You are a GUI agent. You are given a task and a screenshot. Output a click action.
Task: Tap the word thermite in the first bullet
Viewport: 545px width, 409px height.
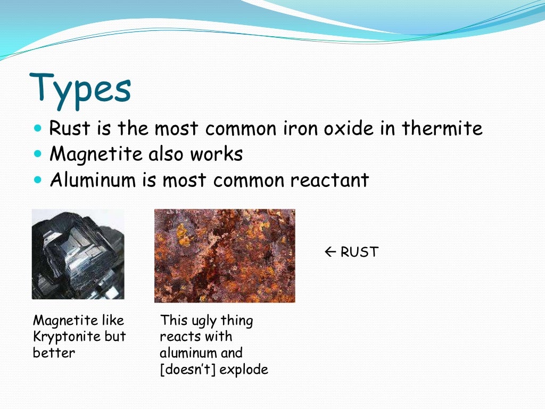[x=442, y=128]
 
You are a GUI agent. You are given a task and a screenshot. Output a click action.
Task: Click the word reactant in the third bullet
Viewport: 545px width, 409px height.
[x=329, y=180]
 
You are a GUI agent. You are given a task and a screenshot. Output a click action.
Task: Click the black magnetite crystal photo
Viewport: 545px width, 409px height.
[x=78, y=254]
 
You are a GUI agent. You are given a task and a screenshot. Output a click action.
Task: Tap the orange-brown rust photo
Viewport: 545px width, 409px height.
[x=225, y=256]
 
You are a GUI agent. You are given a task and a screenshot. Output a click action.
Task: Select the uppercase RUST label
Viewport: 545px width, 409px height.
[x=359, y=252]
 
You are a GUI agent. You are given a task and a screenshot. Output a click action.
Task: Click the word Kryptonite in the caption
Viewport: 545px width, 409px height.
[x=67, y=337]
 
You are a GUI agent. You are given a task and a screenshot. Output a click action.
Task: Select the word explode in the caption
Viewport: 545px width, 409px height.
[x=244, y=369]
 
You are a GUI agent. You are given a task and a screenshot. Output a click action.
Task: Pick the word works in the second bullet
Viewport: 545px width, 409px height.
[x=218, y=154]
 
